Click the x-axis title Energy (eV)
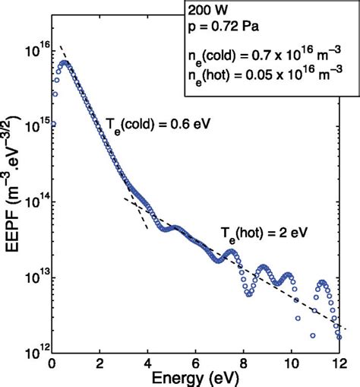[197, 376]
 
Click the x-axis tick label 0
[52, 361]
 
